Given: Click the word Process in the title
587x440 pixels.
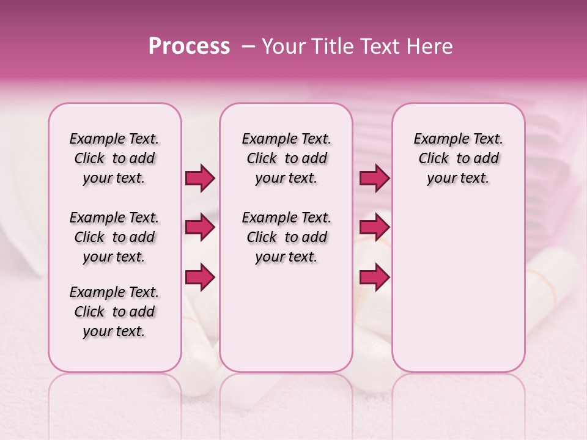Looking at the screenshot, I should pos(189,46).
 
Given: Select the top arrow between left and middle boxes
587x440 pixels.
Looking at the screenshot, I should pos(200,178).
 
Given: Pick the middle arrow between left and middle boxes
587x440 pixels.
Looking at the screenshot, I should pos(200,227).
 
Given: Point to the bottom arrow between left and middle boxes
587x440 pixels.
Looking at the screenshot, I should pos(200,277).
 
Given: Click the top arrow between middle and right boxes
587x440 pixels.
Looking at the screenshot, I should pos(374,178).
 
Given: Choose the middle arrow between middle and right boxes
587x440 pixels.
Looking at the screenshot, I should pos(374,227).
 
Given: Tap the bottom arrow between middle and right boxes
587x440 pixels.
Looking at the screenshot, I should pos(374,277).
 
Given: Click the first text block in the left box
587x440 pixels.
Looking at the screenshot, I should pos(114,158).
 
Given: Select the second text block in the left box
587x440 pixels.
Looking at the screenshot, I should pos(114,237).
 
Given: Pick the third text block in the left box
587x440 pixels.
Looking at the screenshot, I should pos(114,312).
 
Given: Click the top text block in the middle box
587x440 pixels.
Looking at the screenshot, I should pos(286,158).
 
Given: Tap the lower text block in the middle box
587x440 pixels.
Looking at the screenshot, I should pos(286,237).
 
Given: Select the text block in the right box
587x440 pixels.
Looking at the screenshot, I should pos(458,158).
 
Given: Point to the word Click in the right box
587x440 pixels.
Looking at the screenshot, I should pos(434,159).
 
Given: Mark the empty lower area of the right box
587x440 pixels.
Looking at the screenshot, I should pos(458,287).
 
